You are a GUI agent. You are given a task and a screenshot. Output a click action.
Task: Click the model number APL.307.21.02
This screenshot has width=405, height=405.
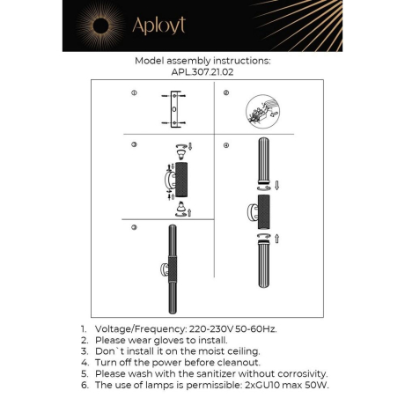point(202,74)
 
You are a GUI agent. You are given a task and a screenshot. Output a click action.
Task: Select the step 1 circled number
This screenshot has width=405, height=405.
point(134,92)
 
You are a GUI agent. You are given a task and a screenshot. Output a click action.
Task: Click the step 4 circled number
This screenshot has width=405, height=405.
point(226,144)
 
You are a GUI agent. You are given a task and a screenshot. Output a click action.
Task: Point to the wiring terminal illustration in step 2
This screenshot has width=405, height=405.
point(261,114)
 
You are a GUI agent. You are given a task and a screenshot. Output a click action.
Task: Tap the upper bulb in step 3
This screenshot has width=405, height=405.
point(182,147)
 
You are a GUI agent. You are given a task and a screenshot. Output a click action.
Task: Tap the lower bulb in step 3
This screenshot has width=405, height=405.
point(182,210)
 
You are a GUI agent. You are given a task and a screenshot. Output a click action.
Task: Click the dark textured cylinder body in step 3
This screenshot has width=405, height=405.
point(182,179)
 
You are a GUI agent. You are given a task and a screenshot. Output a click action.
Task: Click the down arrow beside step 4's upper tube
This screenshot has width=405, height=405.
point(277,186)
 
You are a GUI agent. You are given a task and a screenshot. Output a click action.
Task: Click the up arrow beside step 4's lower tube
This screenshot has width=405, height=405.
point(277,238)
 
